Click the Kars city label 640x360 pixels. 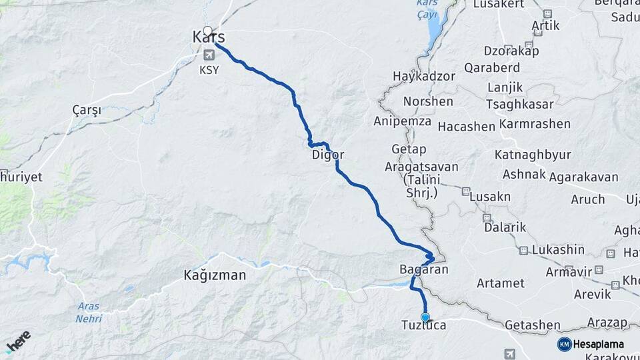209,37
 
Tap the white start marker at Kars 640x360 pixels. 208,31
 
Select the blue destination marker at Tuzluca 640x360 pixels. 425,317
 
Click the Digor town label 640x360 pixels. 328,155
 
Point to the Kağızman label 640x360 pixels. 215,275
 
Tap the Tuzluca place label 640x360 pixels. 423,325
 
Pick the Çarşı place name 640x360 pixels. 87,111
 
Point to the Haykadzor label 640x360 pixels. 424,76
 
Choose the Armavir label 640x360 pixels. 569,272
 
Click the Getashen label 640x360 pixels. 533,324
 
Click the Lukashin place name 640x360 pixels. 559,250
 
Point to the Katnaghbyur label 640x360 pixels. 533,155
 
